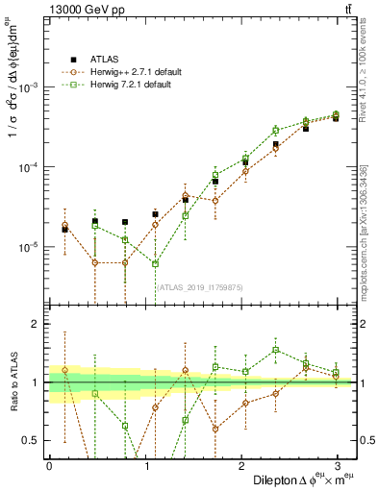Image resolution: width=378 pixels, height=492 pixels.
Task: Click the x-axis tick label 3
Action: click(x=337, y=464)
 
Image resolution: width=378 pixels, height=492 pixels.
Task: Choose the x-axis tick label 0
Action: click(x=49, y=464)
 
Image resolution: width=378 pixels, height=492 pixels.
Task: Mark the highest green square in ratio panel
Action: click(x=275, y=350)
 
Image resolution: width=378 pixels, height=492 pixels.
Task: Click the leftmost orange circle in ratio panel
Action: click(x=64, y=370)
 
